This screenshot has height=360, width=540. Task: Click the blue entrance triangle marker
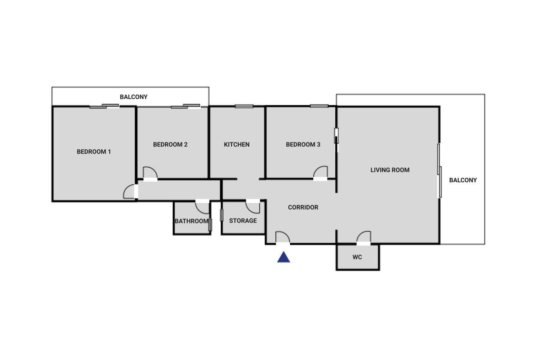pyautogui.click(x=283, y=258)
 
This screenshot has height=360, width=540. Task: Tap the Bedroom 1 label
pyautogui.click(x=94, y=152)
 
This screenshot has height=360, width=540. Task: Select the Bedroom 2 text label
pyautogui.click(x=170, y=144)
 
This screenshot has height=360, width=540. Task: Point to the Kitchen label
pyautogui.click(x=237, y=144)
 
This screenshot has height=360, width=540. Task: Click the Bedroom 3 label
pyautogui.click(x=303, y=144)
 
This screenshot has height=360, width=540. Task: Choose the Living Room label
pyautogui.click(x=390, y=170)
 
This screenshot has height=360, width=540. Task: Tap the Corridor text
pyautogui.click(x=303, y=208)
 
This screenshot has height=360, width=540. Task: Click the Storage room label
pyautogui.click(x=243, y=221)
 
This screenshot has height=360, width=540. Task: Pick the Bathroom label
pyautogui.click(x=191, y=221)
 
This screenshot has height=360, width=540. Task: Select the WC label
pyautogui.click(x=357, y=257)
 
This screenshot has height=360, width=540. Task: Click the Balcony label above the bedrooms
pyautogui.click(x=134, y=97)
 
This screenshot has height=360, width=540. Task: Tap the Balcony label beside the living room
pyautogui.click(x=463, y=180)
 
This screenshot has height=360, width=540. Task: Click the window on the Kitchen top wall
pyautogui.click(x=244, y=106)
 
